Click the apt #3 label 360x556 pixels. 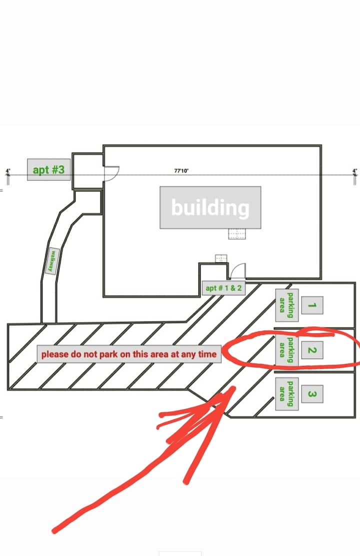pos(48,169)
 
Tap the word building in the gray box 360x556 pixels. pos(210,207)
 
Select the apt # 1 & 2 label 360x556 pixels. pos(223,288)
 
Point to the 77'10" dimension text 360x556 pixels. pos(181,171)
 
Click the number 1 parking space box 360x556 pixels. pos(311,305)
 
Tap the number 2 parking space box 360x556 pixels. pos(310,350)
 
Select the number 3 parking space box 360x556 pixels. pos(310,394)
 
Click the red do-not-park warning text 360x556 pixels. pos(129,354)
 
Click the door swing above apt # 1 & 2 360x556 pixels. pos(238,270)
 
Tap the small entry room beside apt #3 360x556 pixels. pos(87,171)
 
